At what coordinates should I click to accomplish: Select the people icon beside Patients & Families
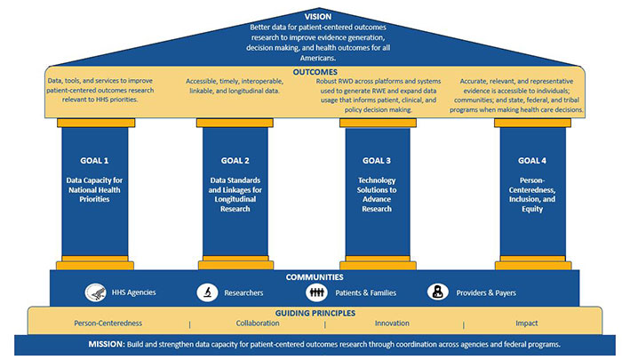click(317, 292)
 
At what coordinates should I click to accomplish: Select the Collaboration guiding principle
click(257, 324)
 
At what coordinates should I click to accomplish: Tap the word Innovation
click(392, 324)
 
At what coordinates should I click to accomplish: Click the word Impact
click(527, 324)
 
